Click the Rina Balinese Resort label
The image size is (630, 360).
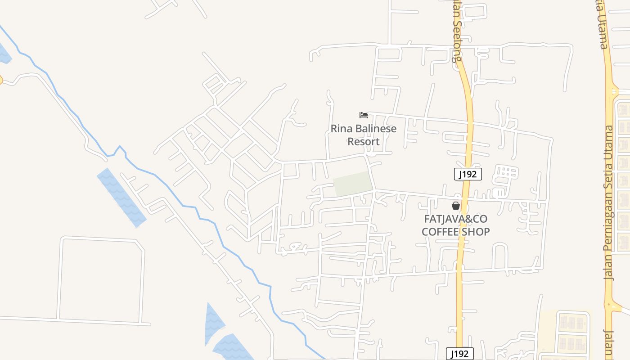coord(364,135)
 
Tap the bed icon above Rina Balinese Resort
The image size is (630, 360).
coord(364,115)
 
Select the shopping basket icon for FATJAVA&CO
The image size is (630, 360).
coord(456,206)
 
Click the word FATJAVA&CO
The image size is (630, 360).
coord(456,219)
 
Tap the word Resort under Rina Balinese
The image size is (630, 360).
coord(364,142)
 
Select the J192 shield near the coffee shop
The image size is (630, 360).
coord(468,174)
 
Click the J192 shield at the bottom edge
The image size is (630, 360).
coord(459,354)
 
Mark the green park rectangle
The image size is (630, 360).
coord(353,184)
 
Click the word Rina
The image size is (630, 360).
coord(341,129)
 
